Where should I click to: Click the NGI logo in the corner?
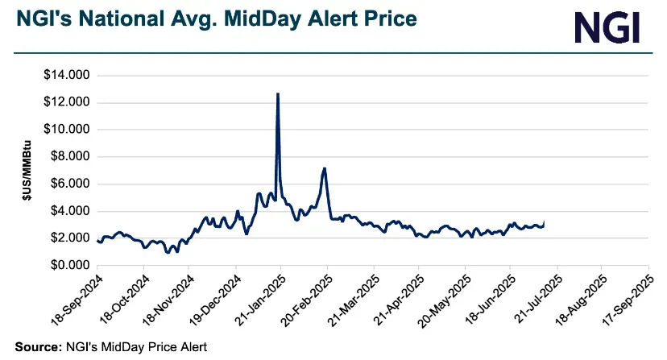click(607, 27)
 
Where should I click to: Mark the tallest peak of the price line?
click(278, 93)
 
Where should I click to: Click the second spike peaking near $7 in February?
click(324, 168)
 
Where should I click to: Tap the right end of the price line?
click(545, 221)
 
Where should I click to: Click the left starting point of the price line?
click(97, 241)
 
